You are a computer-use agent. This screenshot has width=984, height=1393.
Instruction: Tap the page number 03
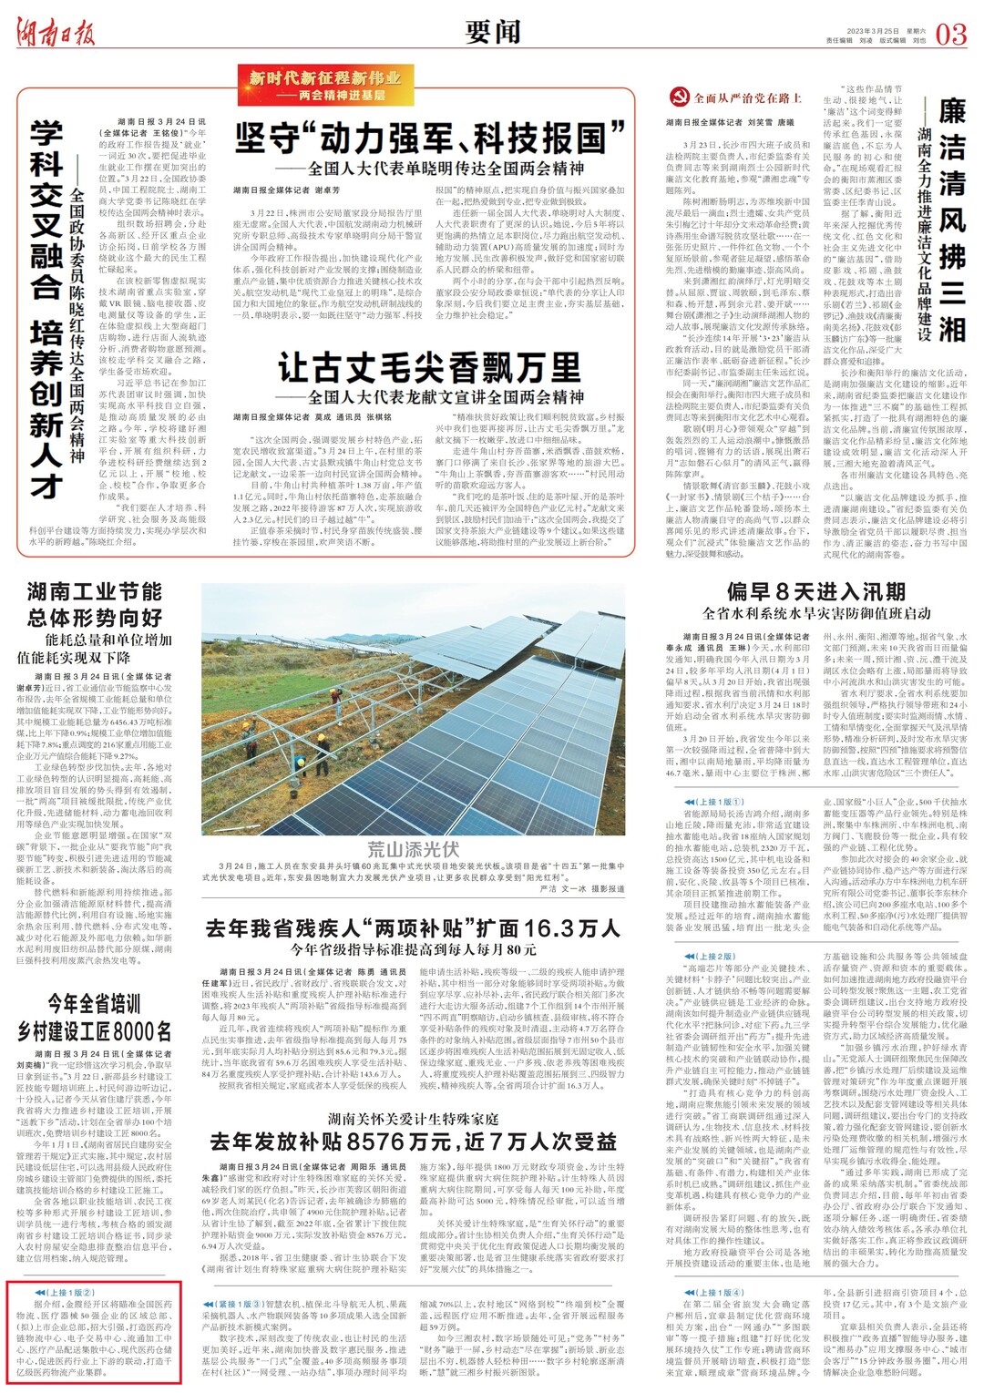[x=950, y=35]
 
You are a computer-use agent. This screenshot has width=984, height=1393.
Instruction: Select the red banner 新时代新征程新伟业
[x=323, y=85]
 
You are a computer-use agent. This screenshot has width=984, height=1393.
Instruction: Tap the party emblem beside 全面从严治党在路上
[x=679, y=97]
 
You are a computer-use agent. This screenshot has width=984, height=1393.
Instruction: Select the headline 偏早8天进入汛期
[x=815, y=591]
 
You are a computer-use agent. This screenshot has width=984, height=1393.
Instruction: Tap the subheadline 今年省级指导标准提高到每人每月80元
[x=413, y=949]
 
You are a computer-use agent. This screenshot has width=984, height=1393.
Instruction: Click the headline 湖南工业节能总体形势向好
[x=95, y=605]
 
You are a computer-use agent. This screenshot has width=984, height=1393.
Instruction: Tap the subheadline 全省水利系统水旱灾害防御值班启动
[x=816, y=613]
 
